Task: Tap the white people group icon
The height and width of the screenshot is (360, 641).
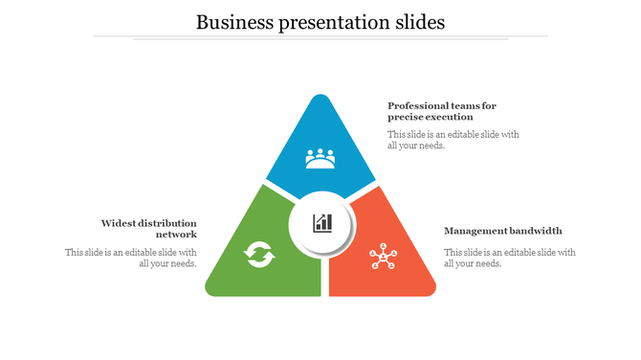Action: (x=320, y=158)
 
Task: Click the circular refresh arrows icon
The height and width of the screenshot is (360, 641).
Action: (x=259, y=255)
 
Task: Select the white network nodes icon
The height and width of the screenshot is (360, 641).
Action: (x=383, y=258)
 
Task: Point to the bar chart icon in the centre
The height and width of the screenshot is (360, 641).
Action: (x=322, y=223)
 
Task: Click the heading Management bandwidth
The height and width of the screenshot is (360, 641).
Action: (x=503, y=231)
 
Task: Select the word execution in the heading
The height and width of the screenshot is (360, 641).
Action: (x=447, y=117)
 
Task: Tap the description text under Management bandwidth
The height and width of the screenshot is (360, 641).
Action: (x=509, y=259)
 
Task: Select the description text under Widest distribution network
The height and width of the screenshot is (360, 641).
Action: (x=131, y=259)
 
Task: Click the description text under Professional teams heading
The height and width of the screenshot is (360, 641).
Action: (x=453, y=140)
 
